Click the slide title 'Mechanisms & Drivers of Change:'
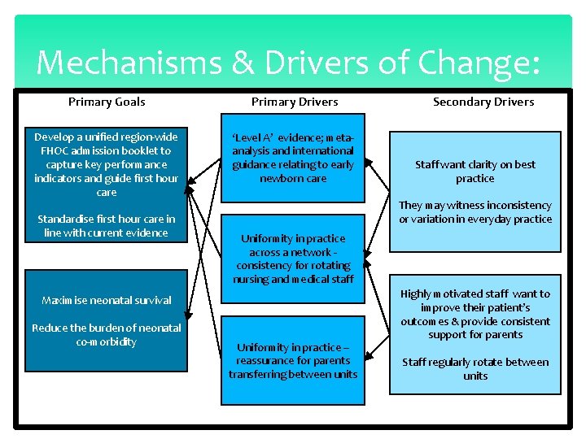(x=288, y=63)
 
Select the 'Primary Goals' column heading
(x=107, y=102)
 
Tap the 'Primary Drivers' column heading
(x=295, y=102)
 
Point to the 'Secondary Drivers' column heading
(x=483, y=102)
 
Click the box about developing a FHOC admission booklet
(x=106, y=164)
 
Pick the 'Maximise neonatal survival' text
(x=106, y=301)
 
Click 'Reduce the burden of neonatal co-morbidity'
(x=106, y=335)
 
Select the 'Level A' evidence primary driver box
(x=293, y=158)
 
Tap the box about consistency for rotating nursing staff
(x=293, y=259)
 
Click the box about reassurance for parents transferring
(x=293, y=361)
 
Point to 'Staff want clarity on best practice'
(x=475, y=172)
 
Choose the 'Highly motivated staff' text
(x=475, y=314)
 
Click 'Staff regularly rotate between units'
(x=475, y=369)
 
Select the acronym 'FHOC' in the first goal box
(x=55, y=150)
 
